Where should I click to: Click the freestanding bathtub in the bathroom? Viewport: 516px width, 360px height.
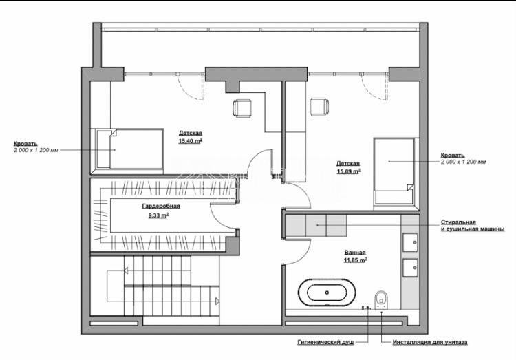click(331, 292)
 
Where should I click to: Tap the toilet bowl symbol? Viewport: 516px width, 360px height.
click(380, 297)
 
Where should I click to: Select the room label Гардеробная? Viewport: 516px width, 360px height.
click(161, 206)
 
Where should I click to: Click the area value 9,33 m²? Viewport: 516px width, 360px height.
click(158, 215)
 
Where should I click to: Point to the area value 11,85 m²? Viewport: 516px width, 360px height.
click(355, 260)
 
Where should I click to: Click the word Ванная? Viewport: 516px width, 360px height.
click(355, 252)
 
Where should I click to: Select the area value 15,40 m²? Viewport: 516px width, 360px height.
click(190, 140)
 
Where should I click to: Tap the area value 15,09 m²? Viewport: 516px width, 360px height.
click(348, 171)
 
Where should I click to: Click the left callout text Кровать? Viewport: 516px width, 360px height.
click(25, 144)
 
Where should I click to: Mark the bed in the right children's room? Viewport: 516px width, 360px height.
click(394, 172)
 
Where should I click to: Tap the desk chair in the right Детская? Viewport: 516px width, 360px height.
click(319, 107)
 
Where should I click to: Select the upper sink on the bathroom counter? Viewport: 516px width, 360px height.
click(411, 242)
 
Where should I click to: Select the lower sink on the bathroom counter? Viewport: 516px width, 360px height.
click(411, 267)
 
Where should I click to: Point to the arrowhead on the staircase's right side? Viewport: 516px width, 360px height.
click(217, 301)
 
